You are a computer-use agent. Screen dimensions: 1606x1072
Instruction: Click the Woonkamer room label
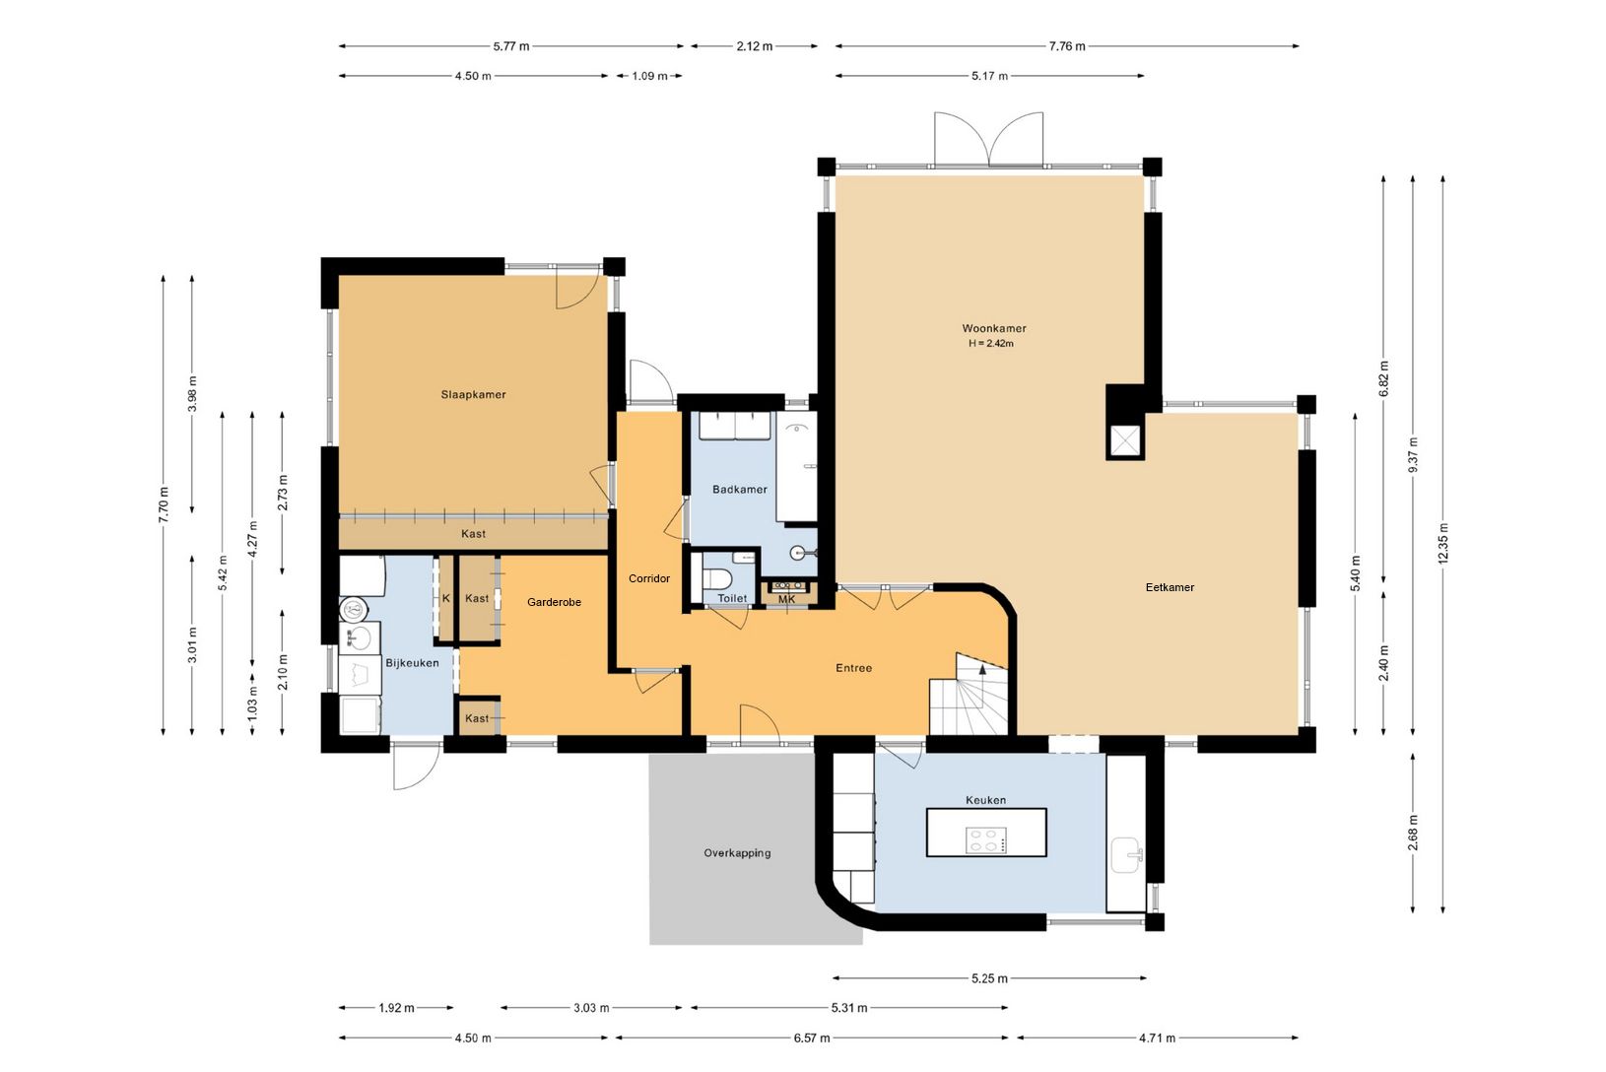point(994,328)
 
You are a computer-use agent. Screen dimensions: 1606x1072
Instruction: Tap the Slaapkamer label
point(473,394)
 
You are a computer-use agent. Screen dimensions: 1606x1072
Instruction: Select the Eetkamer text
point(1170,587)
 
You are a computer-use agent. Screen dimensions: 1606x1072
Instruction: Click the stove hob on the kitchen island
point(986,839)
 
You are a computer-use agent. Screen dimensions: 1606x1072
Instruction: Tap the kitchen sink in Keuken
point(1125,854)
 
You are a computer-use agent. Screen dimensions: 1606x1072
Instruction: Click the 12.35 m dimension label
point(1442,544)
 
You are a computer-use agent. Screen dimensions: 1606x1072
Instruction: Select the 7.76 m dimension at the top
point(1067,46)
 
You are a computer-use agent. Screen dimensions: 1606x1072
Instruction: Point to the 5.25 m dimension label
point(989,978)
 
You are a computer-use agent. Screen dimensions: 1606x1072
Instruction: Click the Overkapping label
point(737,852)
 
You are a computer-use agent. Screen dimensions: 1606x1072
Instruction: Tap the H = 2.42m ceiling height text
point(991,344)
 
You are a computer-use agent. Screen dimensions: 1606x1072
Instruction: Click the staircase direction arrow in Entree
point(981,670)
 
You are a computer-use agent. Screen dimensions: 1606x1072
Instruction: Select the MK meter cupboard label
point(786,599)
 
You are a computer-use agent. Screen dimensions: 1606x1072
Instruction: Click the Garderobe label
point(554,602)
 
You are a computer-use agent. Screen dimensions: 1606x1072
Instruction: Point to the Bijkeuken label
point(412,663)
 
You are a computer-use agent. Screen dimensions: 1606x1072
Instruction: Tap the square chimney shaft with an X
point(1125,441)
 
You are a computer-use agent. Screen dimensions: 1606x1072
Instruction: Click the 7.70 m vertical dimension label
point(164,504)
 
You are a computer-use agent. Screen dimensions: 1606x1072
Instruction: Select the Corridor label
point(649,578)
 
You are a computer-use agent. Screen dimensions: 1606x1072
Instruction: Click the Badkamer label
point(739,489)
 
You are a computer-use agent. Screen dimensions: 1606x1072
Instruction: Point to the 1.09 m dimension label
point(649,76)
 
